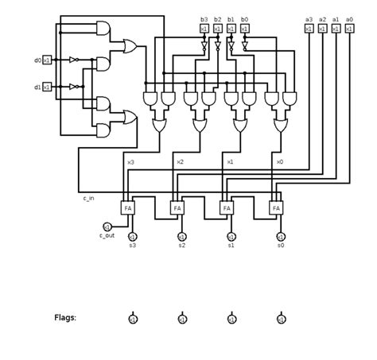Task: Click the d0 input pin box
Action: coord(47,60)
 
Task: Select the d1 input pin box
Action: coord(47,87)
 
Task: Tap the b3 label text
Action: coord(204,19)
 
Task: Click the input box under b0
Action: coord(244,29)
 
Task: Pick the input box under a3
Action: coord(309,29)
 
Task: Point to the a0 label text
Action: coord(349,19)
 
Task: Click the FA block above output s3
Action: coord(128,207)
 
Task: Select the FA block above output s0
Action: coord(276,207)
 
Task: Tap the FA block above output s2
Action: coord(177,207)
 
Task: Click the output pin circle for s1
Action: coord(231,237)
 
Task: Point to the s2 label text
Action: coord(182,246)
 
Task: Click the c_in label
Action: coord(88,198)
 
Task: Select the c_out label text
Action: coord(107,236)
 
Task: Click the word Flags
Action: coord(65,317)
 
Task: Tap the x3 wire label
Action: coord(130,162)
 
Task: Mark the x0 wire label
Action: coord(279,162)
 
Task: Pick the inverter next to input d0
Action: coord(73,60)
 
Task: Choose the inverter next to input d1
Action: coord(73,87)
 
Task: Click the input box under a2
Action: coord(322,29)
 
